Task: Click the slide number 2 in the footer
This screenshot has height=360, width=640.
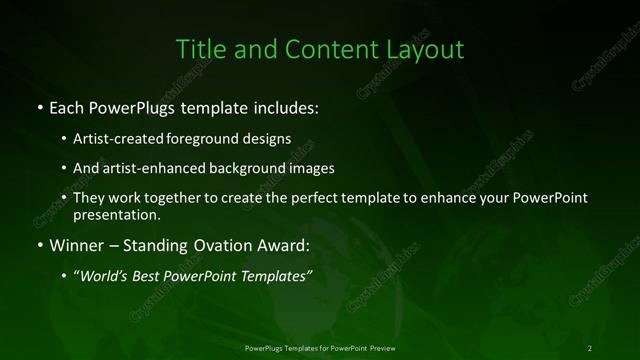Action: (591, 347)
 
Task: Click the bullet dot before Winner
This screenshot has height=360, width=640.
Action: (39, 245)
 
